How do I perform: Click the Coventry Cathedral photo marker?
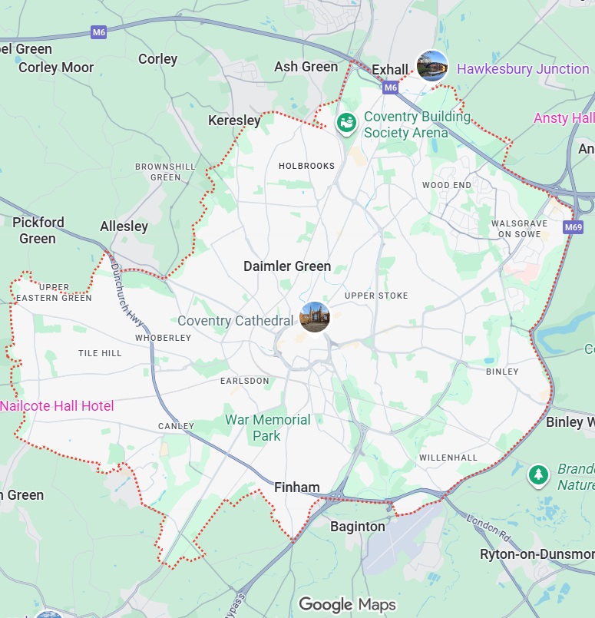click(x=315, y=317)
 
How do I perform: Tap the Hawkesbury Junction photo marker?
click(x=431, y=66)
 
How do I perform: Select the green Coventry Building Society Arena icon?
click(x=347, y=122)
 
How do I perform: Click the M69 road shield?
click(x=573, y=227)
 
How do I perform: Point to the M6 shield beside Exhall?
click(x=391, y=88)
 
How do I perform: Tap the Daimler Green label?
click(x=287, y=266)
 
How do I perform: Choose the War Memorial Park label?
click(x=267, y=428)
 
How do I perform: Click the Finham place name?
click(x=297, y=487)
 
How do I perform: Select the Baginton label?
click(x=357, y=527)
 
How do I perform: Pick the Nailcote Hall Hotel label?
click(x=57, y=406)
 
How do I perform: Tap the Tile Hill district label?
click(x=100, y=353)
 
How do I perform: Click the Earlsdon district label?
click(x=245, y=381)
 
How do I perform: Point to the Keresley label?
click(x=234, y=121)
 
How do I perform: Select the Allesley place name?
click(x=124, y=226)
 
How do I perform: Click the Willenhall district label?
click(x=448, y=458)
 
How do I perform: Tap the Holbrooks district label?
click(x=306, y=166)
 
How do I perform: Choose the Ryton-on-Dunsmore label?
click(x=537, y=554)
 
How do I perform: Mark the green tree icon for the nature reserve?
click(x=539, y=475)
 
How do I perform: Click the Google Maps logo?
click(x=347, y=604)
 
